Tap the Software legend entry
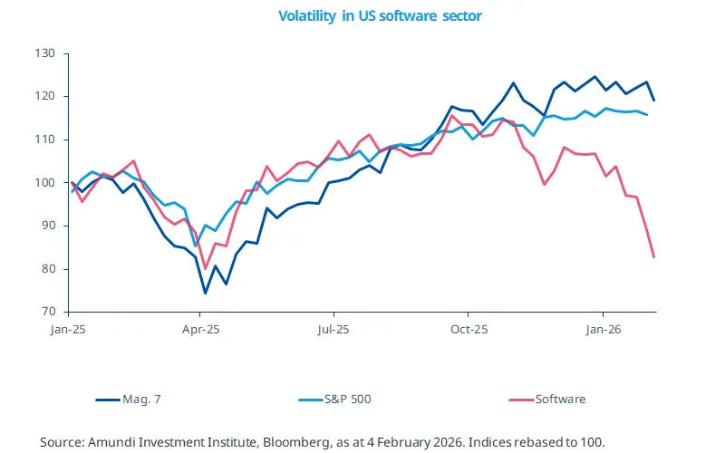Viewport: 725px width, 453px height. (x=560, y=399)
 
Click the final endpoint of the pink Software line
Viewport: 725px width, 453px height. (x=654, y=257)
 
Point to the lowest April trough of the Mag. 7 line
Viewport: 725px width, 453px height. (x=205, y=293)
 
